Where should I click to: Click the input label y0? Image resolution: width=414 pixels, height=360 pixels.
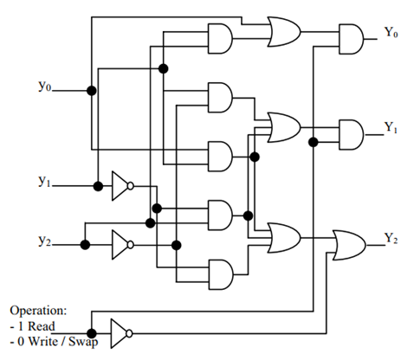click(x=44, y=87)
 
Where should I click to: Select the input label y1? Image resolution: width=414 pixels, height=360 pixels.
click(x=44, y=182)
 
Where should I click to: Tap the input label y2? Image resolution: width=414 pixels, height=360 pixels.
click(x=44, y=241)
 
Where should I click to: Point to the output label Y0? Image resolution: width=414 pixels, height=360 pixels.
click(x=391, y=32)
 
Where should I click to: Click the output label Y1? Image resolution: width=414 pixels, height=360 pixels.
click(x=391, y=127)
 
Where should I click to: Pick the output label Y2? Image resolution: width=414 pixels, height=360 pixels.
click(x=391, y=239)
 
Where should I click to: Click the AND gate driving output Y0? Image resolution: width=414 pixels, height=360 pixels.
click(x=351, y=39)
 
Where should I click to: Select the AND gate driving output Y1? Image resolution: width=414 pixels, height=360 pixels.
click(x=351, y=135)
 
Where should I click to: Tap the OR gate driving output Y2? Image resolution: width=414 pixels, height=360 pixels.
click(x=349, y=245)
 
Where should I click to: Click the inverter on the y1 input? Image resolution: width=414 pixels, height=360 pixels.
click(x=122, y=186)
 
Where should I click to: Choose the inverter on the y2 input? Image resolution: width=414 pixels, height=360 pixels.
click(x=122, y=245)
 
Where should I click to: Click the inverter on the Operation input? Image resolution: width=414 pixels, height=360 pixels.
click(x=121, y=333)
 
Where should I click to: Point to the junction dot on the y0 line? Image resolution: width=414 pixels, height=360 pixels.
click(x=92, y=91)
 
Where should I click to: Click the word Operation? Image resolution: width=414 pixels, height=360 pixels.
click(x=38, y=311)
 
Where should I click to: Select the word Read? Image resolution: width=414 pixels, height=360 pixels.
click(x=42, y=326)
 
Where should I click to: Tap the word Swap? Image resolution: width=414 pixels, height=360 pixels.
click(x=83, y=343)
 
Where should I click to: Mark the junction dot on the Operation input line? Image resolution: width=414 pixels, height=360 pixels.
click(x=92, y=334)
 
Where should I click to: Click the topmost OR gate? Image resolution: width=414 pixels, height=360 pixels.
click(x=284, y=31)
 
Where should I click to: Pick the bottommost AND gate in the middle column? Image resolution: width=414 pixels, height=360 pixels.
click(x=220, y=274)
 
